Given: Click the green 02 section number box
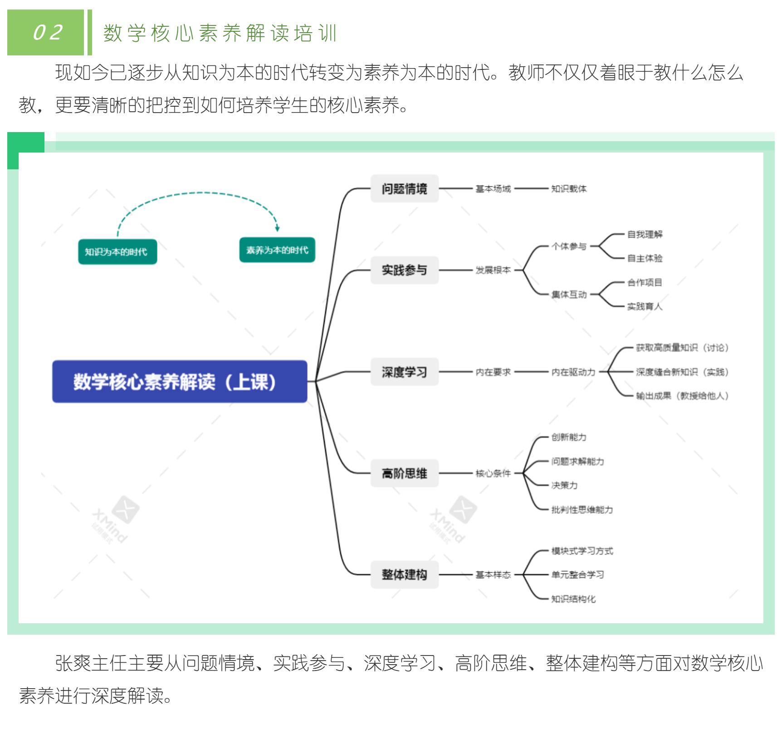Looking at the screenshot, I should click(x=46, y=33).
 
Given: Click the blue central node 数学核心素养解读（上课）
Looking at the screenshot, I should click(x=180, y=381).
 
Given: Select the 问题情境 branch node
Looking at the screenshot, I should click(x=404, y=188).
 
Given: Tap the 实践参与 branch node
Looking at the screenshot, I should click(x=404, y=270).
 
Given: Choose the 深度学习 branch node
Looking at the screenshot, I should click(x=404, y=372).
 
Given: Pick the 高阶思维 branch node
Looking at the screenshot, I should click(x=404, y=474).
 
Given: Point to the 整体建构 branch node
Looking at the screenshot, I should click(x=404, y=575).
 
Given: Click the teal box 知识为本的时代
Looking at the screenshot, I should click(x=117, y=252).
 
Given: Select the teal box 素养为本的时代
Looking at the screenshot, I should click(x=277, y=250).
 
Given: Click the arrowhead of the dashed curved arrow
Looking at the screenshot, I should click(x=277, y=228).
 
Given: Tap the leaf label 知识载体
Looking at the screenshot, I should click(x=569, y=189).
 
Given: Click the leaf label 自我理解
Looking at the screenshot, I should click(x=645, y=235).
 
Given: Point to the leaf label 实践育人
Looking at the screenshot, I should click(x=645, y=306).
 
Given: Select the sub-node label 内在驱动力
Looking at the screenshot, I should click(x=573, y=372).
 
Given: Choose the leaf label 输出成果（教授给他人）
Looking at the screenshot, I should click(x=682, y=396).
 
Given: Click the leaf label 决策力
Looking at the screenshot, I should click(x=564, y=485).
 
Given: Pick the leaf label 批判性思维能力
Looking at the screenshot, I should click(x=582, y=510).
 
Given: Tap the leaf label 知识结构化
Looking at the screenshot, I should click(x=573, y=599).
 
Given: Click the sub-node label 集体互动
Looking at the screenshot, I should click(x=569, y=295).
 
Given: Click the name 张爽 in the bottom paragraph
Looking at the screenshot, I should click(x=73, y=664).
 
